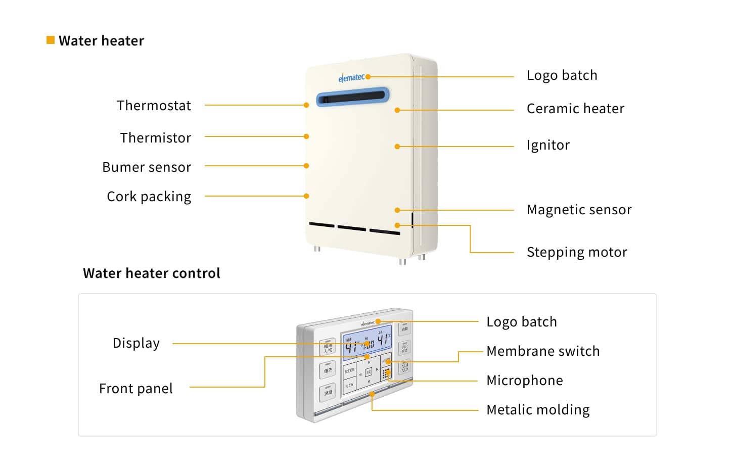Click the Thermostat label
point(154,106)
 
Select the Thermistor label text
point(156,138)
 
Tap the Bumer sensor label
point(147,167)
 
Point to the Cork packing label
point(149,197)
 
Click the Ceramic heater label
point(575,109)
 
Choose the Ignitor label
point(548,146)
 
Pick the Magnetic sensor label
point(579,210)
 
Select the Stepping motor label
point(577,252)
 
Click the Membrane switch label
point(543,351)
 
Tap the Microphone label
point(524,381)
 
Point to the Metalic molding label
point(538,410)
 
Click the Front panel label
point(136,389)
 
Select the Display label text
point(136,343)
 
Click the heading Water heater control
point(152,273)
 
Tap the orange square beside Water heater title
point(51,40)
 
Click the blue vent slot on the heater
point(353,96)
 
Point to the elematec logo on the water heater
point(351,78)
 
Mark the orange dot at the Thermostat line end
point(306,105)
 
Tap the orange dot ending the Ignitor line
point(397,147)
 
